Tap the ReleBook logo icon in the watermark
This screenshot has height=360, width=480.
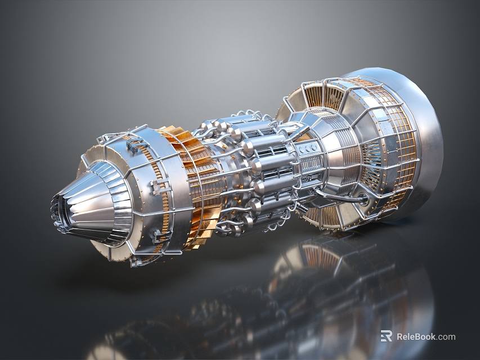click(387, 336)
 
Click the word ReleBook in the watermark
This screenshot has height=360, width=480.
click(416, 336)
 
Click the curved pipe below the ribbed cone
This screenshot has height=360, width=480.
click(338, 197)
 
